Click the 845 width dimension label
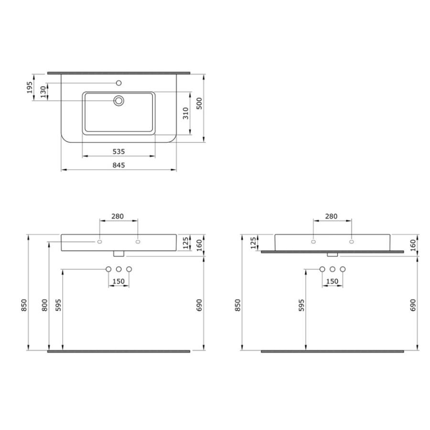[x=119, y=165]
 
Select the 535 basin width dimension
[x=119, y=151]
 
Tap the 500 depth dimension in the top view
[x=199, y=103]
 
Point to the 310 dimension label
[x=186, y=113]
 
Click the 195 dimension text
[x=30, y=87]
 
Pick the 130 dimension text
[x=43, y=92]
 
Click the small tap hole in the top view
[x=119, y=83]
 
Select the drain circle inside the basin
[x=119, y=101]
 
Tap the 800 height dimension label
[x=44, y=305]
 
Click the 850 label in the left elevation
[x=24, y=305]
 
